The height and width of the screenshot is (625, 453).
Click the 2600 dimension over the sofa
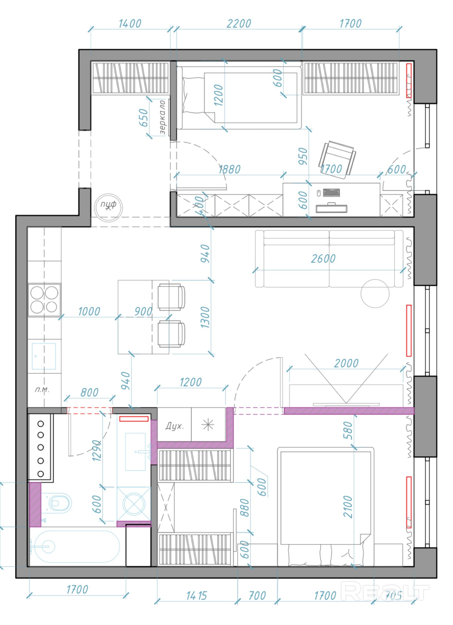coord(323,259)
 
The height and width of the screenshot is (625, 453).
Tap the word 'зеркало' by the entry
coord(162,117)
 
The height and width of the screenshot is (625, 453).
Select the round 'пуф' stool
coord(108,207)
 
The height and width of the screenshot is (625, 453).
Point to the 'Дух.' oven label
coord(174,426)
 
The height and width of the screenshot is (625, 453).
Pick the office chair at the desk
coord(337,158)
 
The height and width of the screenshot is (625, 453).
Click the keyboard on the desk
coord(331,192)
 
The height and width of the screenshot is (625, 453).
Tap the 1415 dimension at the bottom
coord(197,596)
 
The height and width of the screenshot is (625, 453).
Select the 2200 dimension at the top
coord(239,24)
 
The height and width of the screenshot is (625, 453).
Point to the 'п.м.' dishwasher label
coord(42,389)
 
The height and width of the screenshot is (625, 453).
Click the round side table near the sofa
coord(375,293)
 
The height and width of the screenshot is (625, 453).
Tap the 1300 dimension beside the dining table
coord(205,317)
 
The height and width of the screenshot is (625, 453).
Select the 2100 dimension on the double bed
coord(348,506)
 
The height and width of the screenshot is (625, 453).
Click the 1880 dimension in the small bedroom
coord(229,169)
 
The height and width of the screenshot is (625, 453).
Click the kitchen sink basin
coord(44,356)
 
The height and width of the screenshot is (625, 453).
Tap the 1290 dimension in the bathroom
coord(97,450)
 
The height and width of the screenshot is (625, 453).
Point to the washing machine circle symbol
coord(134,504)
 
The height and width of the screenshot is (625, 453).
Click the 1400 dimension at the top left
coord(130,24)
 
